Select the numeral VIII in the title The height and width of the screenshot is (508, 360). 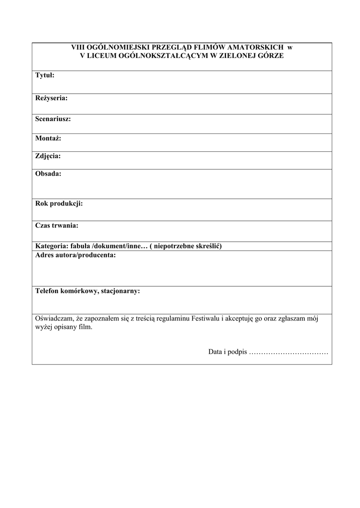77,48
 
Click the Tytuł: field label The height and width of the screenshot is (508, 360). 45,75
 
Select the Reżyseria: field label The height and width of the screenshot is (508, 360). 51,98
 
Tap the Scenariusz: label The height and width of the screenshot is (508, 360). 53,119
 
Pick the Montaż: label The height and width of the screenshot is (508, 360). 48,138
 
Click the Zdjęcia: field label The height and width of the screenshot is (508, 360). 48,156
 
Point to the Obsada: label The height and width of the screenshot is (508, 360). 48,174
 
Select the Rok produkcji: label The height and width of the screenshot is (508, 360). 59,204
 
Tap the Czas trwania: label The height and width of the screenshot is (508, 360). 57,226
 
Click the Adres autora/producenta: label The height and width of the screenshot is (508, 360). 75,255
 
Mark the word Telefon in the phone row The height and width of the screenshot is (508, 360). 48,291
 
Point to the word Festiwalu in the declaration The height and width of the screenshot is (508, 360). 205,319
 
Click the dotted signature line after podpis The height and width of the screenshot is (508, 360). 288,352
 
